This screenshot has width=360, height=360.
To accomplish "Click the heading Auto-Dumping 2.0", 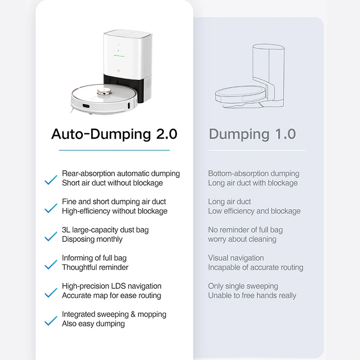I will [114, 134].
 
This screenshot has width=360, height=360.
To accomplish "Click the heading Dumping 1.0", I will [252, 134].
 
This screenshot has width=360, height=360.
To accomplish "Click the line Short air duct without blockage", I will [112, 183].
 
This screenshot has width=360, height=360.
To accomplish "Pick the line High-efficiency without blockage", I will [114, 211].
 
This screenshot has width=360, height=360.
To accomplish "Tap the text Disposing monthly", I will [92, 239].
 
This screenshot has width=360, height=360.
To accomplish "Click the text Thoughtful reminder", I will [95, 267].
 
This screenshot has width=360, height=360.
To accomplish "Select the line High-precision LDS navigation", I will [112, 286].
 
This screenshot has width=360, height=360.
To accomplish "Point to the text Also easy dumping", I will [93, 324].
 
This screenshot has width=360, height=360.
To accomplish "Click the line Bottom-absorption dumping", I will [253, 174].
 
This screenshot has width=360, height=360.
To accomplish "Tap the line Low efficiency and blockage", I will [254, 211].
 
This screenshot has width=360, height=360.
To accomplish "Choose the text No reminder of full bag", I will [245, 230].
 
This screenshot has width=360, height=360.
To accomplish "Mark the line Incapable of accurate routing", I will [256, 267].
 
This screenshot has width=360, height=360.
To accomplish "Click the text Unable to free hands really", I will [252, 296].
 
